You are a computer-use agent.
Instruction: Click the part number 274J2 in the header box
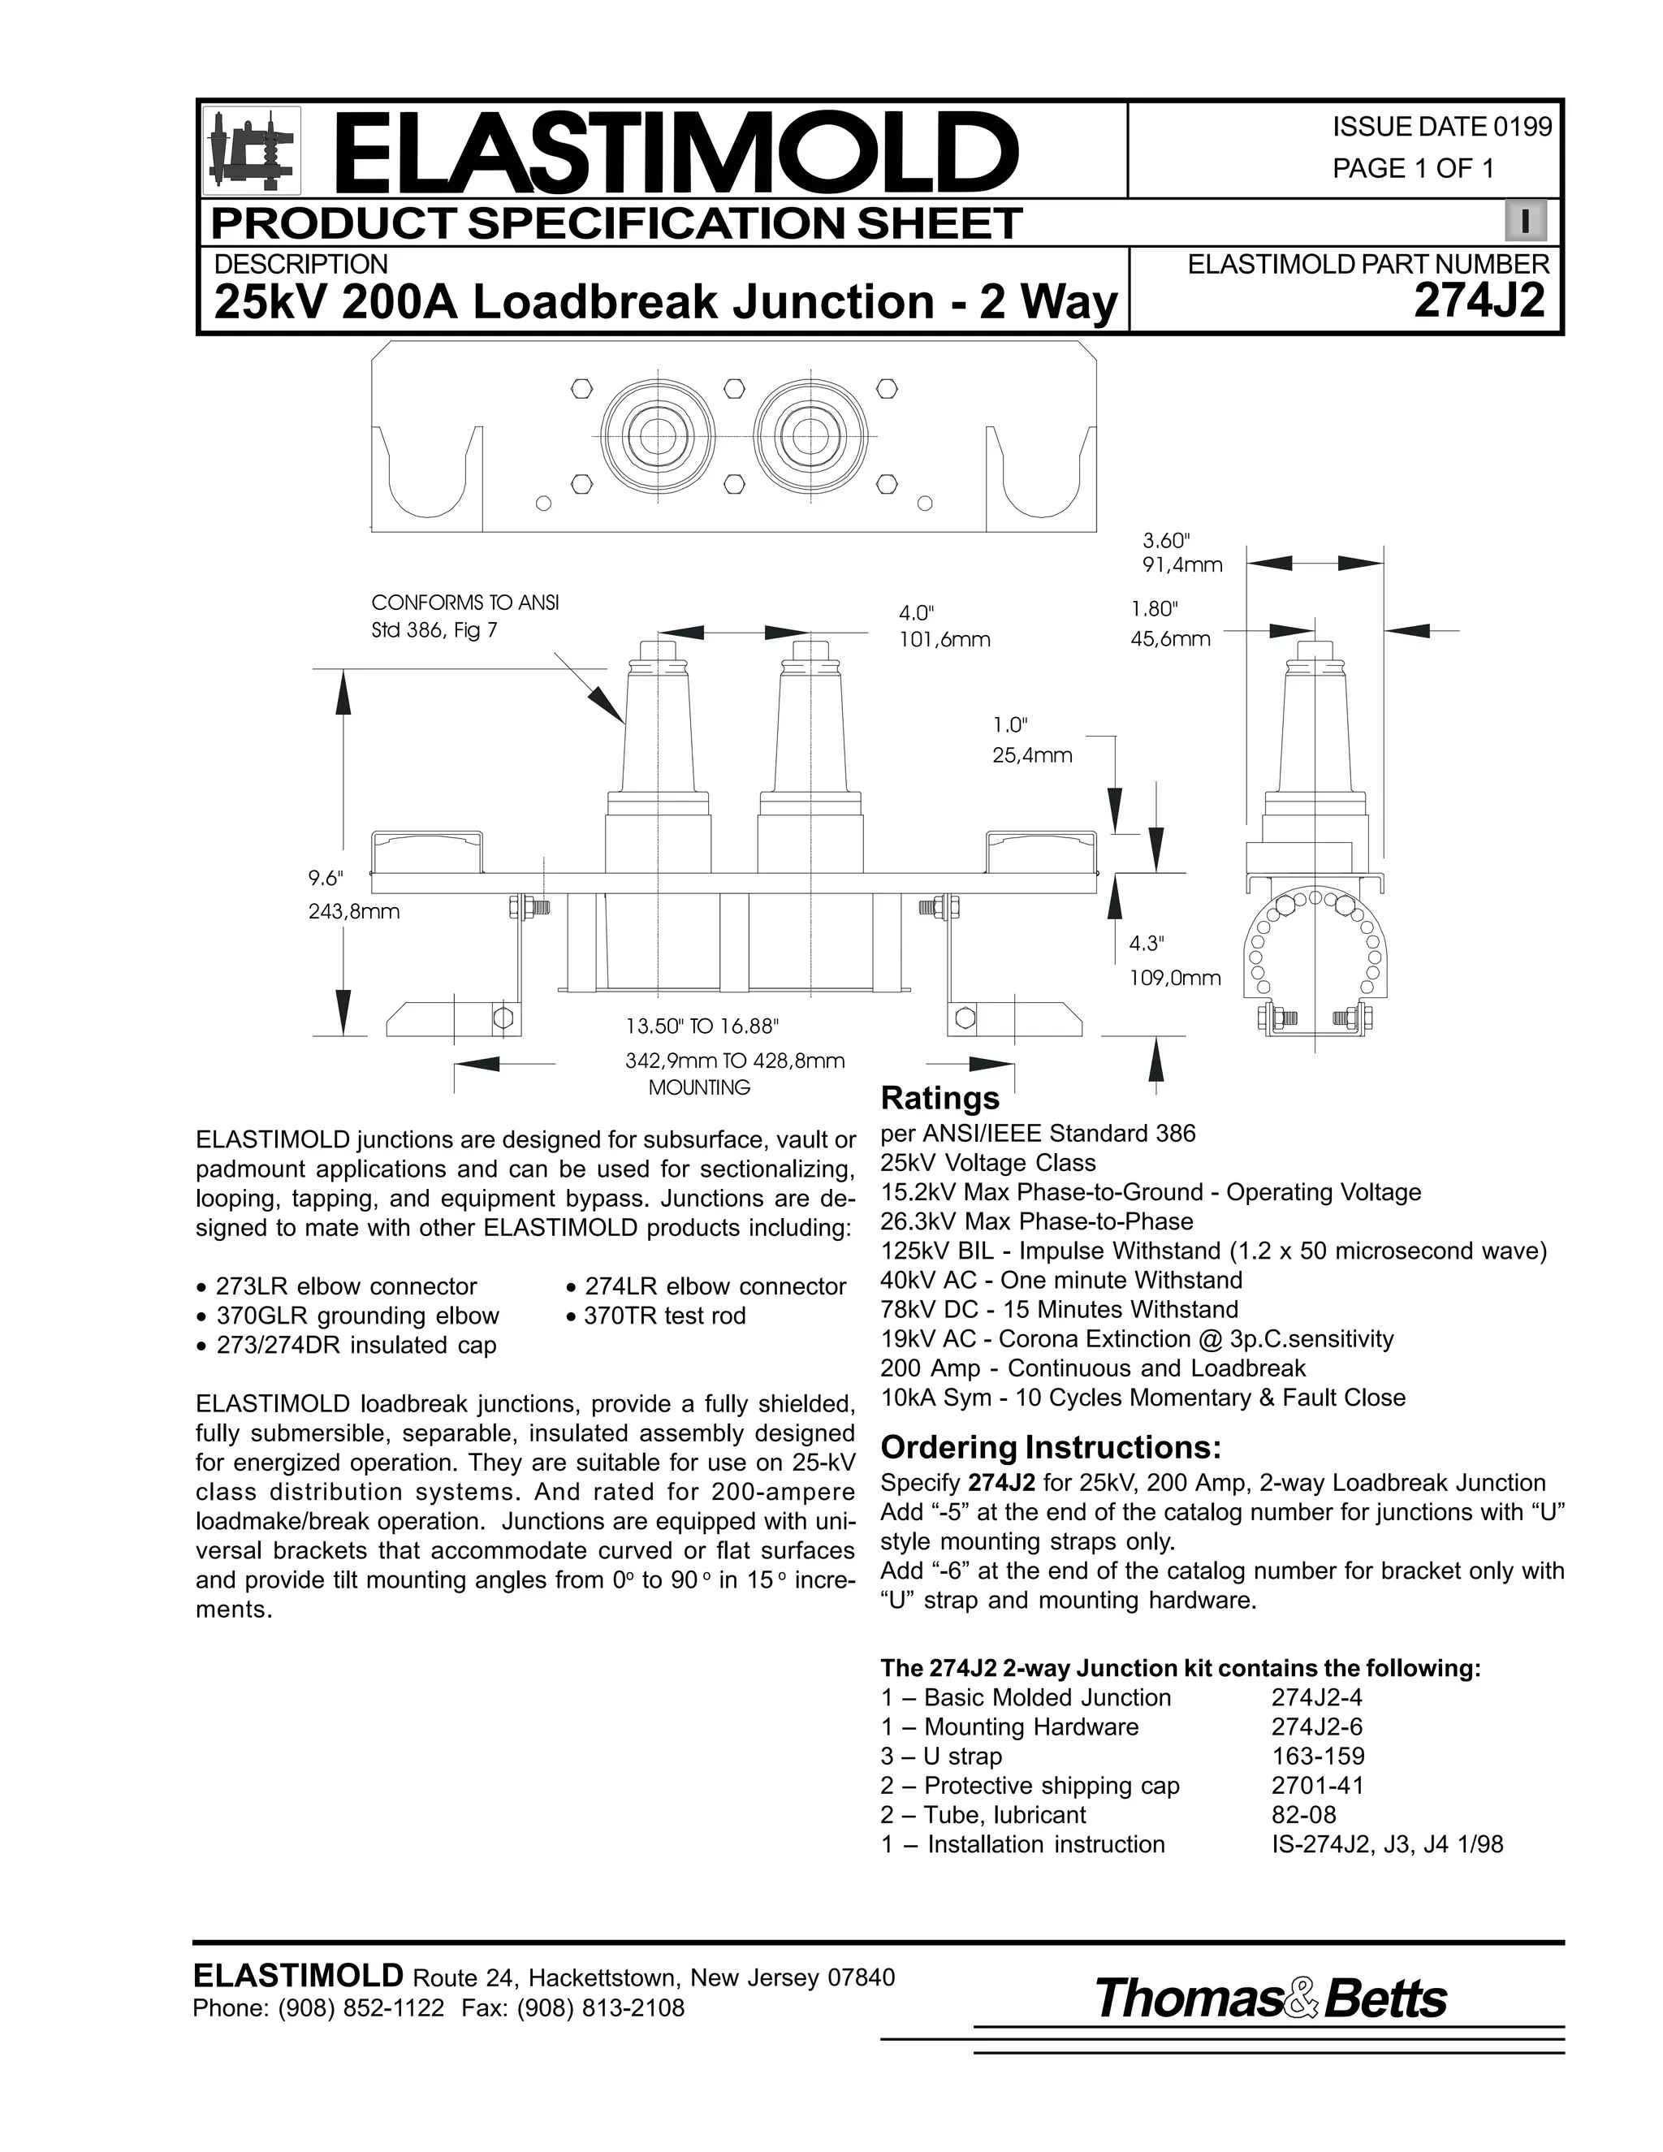click(1479, 301)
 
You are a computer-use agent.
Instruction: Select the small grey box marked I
click(1525, 222)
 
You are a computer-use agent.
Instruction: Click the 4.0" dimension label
click(921, 613)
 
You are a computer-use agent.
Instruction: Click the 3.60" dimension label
click(1167, 540)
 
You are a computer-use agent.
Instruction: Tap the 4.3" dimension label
click(1147, 943)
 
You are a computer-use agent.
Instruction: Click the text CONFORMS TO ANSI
click(465, 602)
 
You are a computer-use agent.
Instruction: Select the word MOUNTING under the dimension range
click(698, 1088)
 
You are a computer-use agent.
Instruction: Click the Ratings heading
click(939, 1098)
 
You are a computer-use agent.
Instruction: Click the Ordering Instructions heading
click(1050, 1446)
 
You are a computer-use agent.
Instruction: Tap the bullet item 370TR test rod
click(664, 1316)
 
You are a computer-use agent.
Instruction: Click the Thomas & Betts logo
click(1270, 1999)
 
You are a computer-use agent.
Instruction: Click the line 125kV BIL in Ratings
click(1213, 1251)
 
